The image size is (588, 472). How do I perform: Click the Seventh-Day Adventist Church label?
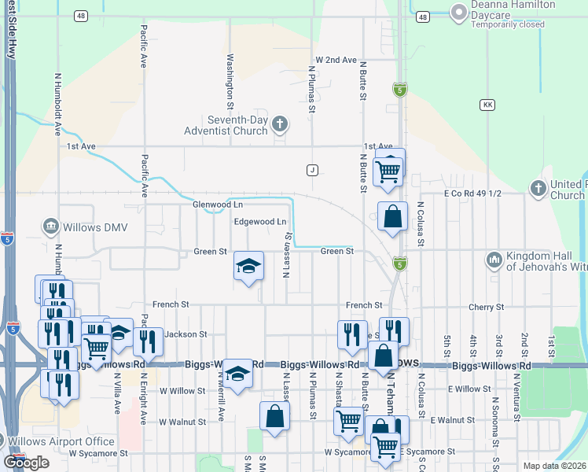(227, 125)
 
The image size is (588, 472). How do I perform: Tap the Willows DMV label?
(89, 227)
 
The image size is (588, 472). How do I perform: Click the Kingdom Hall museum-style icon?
(494, 259)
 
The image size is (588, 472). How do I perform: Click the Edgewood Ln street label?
(260, 222)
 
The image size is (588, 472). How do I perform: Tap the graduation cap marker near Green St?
(248, 267)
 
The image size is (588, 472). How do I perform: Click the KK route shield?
(488, 105)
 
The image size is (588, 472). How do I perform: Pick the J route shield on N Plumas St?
(312, 170)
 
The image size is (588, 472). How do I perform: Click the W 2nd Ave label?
(336, 60)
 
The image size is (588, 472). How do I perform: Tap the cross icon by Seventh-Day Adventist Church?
(281, 124)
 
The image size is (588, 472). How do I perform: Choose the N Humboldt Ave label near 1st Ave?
(58, 104)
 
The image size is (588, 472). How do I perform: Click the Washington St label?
(230, 81)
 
